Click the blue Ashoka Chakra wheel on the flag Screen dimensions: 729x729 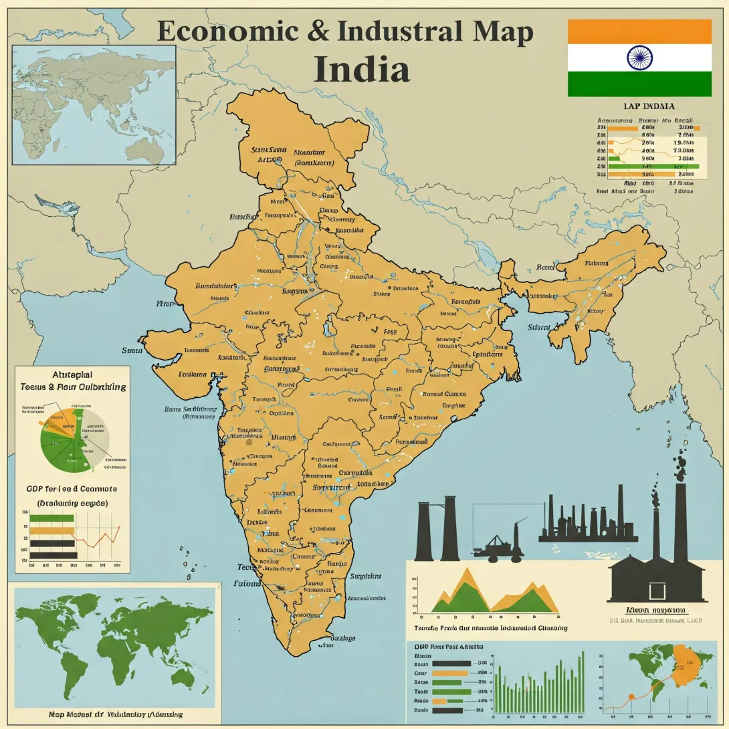[639, 58]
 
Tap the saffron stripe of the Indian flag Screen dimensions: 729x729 [639, 31]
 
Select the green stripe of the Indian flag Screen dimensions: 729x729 [639, 84]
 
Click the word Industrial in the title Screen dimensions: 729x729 [397, 32]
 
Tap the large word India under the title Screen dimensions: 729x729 [362, 70]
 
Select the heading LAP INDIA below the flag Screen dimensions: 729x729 [648, 106]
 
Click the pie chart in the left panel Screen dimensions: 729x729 [70, 439]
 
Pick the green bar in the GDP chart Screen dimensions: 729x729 [52, 518]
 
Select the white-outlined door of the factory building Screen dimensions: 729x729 [657, 591]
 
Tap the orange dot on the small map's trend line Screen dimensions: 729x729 [629, 698]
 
